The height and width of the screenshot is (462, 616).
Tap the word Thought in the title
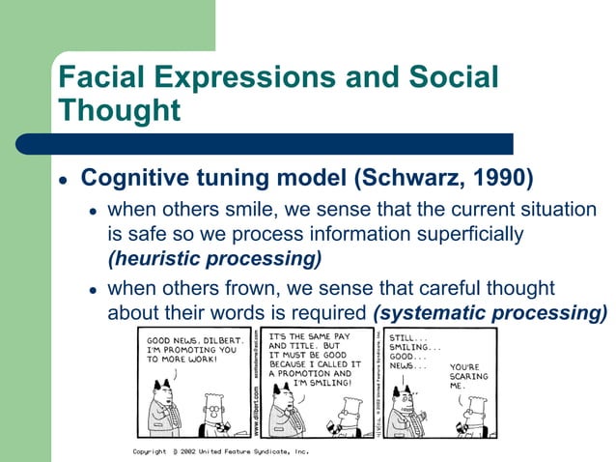pyautogui.click(x=120, y=109)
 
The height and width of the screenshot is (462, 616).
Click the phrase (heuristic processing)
pyautogui.click(x=214, y=258)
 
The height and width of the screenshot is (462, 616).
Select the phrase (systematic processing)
pyautogui.click(x=490, y=312)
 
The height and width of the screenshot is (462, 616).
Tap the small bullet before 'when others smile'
pyautogui.click(x=94, y=212)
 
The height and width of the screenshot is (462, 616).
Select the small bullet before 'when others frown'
pyautogui.click(x=94, y=290)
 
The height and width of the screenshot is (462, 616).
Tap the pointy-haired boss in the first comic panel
pyautogui.click(x=156, y=406)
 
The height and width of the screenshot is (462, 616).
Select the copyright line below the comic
pyautogui.click(x=219, y=451)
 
